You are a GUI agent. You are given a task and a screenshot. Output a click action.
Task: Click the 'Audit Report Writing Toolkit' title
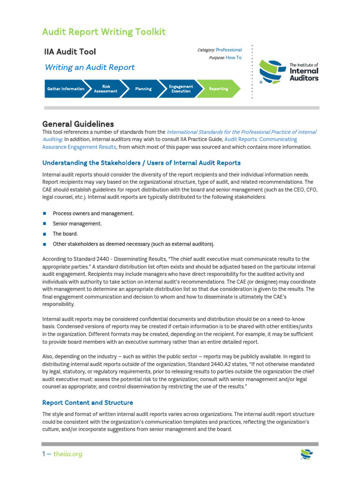click(104, 32)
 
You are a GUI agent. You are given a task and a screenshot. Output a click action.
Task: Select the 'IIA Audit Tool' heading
click(70, 52)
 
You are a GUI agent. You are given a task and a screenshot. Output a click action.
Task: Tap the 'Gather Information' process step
click(65, 89)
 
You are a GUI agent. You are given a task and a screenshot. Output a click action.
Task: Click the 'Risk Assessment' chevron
click(105, 89)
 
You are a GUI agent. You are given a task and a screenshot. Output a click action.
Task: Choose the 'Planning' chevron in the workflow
click(143, 89)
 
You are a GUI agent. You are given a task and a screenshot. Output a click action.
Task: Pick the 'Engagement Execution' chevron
click(180, 89)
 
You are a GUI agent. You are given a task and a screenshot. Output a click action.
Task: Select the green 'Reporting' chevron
click(218, 89)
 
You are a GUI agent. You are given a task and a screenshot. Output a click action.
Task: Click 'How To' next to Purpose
click(233, 58)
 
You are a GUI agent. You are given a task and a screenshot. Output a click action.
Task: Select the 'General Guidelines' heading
click(78, 124)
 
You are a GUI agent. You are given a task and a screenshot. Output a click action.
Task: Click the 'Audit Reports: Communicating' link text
click(261, 139)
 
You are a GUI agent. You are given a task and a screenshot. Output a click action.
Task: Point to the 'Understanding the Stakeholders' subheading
click(141, 163)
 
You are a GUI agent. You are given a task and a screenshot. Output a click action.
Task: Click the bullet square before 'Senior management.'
click(45, 224)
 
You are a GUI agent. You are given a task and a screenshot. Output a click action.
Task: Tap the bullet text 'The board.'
click(65, 234)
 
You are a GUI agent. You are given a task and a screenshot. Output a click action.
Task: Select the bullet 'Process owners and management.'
click(93, 213)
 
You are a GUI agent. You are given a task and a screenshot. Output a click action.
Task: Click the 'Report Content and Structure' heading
click(88, 403)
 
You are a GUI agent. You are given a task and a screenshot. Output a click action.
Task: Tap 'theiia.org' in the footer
click(67, 454)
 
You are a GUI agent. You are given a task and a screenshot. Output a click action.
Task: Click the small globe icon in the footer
click(307, 454)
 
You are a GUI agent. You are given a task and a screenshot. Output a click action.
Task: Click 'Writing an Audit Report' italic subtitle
click(90, 67)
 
